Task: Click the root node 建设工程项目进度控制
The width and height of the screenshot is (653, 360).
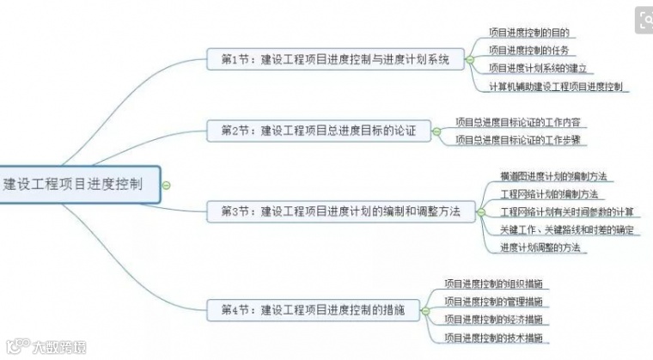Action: point(77,183)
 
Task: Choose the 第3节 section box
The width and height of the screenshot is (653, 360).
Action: point(340,210)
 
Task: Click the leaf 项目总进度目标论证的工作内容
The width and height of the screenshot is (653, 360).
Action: point(522,121)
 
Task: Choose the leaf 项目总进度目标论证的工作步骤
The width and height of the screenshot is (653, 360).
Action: point(522,139)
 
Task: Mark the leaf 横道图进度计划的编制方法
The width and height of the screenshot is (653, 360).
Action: point(553,175)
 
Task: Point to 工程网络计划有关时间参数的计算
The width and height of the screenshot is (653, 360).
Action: point(566,211)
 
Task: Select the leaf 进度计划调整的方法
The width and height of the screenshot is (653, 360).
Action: point(540,247)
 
